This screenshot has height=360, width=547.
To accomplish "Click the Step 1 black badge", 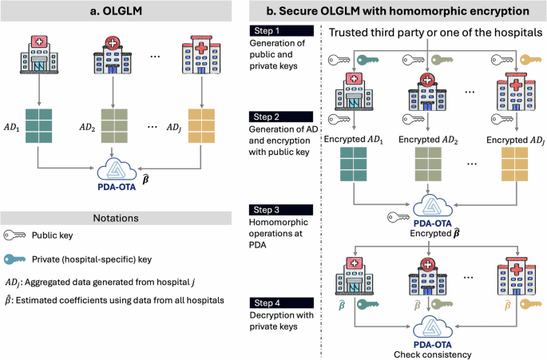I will pyautogui.click(x=270, y=30).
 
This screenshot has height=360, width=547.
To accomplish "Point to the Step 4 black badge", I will pyautogui.click(x=270, y=304).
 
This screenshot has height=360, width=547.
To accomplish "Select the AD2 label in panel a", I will pyautogui.click(x=93, y=129).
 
